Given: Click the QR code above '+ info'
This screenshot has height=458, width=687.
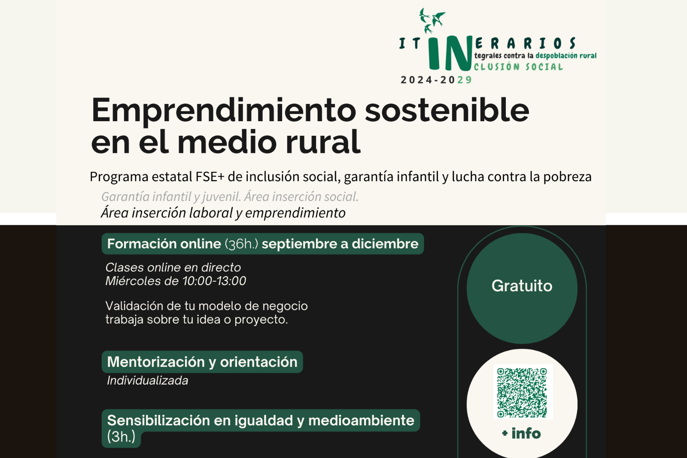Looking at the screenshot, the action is [523, 392].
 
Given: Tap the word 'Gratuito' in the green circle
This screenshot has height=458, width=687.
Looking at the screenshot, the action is [522, 286].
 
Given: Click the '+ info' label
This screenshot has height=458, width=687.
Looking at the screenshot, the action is [521, 434].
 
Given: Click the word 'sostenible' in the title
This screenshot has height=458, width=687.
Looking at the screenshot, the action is [447, 110].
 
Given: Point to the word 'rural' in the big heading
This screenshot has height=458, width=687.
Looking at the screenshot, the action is [323, 142].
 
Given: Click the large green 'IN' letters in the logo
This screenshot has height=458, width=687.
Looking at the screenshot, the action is [450, 53].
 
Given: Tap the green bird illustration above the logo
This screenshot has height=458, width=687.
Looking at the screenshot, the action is [432, 20].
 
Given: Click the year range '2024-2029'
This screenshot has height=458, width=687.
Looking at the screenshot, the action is [436, 80].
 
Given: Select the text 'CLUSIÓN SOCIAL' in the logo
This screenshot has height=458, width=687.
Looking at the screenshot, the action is [518, 67].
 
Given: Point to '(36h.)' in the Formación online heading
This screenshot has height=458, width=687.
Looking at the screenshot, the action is [241, 244].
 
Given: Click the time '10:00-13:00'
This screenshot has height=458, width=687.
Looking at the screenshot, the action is [214, 281].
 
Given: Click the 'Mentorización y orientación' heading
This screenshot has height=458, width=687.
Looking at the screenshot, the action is [202, 362].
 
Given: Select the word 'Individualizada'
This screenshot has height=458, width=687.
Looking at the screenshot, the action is [148, 381].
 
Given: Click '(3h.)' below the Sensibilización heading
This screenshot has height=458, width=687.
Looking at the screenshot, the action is [121, 437].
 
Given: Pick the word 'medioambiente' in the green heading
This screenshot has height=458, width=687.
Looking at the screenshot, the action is [361, 420].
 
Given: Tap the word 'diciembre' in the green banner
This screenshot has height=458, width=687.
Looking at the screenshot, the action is [385, 244].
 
